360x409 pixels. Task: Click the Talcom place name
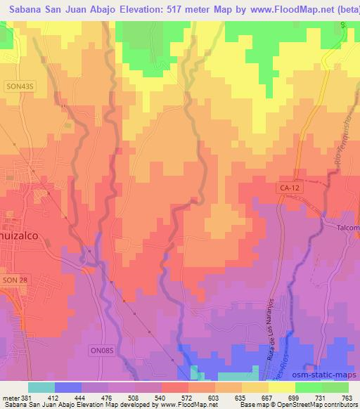[347, 228]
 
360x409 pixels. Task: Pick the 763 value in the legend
[347, 397]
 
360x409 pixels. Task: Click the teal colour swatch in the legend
[42, 387]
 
